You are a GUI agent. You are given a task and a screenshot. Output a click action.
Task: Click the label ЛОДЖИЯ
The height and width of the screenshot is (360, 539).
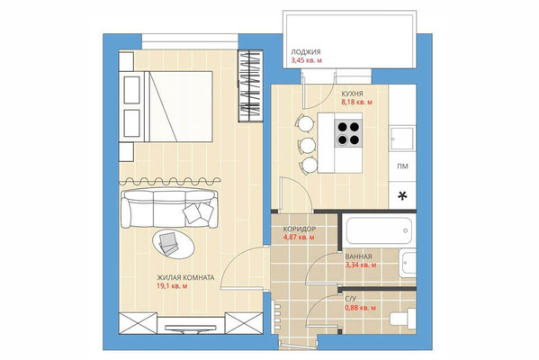(307, 52)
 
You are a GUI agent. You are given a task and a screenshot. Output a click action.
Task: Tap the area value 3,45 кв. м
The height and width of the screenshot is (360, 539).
(307, 60)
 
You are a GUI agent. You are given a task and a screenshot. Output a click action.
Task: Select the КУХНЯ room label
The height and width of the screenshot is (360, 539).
(352, 94)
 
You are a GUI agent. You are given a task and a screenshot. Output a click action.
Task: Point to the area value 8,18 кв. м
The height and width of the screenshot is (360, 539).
(355, 103)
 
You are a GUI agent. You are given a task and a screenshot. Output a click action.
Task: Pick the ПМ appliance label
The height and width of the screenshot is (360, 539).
(402, 167)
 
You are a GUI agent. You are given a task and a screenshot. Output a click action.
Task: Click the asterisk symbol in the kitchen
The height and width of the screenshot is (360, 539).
(402, 195)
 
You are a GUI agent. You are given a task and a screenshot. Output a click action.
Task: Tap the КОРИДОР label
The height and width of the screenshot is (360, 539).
(299, 229)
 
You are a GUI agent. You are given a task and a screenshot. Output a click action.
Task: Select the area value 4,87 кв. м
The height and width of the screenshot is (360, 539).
(299, 238)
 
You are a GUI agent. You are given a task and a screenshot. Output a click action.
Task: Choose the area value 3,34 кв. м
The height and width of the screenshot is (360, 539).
(360, 266)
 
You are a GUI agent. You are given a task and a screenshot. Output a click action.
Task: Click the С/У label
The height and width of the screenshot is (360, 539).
(351, 299)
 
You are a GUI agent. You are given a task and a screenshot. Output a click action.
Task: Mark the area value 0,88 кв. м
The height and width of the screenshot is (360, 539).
(360, 308)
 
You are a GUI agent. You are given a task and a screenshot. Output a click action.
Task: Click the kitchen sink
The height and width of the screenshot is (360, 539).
(402, 139)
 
